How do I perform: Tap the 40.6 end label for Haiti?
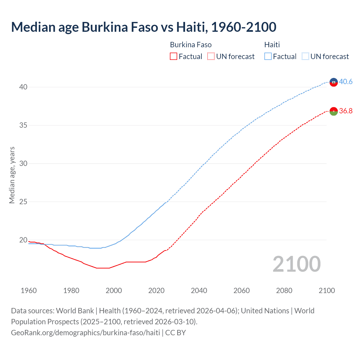tap(346, 82)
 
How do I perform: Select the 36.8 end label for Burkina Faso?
tap(346, 111)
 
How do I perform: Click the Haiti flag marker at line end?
tap(334, 82)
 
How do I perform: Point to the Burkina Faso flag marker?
tap(334, 111)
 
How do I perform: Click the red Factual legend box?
tap(174, 57)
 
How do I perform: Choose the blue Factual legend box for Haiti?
tap(268, 57)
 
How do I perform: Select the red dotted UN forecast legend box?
tap(211, 57)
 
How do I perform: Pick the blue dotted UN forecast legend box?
tap(305, 57)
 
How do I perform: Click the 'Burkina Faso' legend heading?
tap(191, 45)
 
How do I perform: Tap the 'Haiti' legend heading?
tap(272, 45)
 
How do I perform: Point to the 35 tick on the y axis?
tap(23, 125)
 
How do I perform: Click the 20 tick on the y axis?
tap(23, 240)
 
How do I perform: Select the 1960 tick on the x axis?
tap(29, 291)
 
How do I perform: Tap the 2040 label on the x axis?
tap(199, 291)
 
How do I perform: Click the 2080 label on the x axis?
tap(284, 291)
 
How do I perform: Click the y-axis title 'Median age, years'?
tap(12, 175)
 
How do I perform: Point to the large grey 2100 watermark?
tap(296, 264)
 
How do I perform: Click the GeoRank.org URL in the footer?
tap(85, 333)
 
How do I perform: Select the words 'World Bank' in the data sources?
tap(75, 311)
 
